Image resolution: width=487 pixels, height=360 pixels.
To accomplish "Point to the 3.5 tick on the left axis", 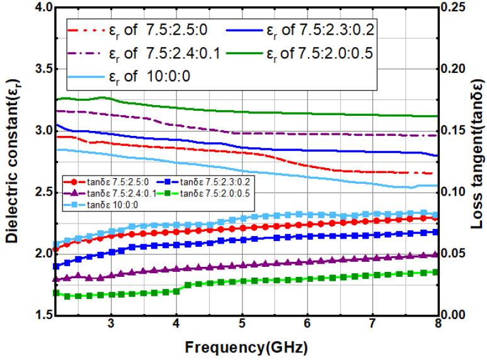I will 37,69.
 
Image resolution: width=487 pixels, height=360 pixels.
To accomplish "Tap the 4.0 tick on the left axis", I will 37,8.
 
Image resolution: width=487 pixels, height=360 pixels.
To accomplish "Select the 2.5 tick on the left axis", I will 37,192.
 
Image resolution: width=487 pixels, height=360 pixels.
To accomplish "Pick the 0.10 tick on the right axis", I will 458,192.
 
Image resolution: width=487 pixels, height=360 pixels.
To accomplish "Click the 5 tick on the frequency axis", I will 242,325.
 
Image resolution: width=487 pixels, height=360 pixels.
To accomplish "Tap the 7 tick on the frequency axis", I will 372,325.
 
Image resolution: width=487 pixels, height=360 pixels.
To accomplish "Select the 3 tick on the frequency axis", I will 112,325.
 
